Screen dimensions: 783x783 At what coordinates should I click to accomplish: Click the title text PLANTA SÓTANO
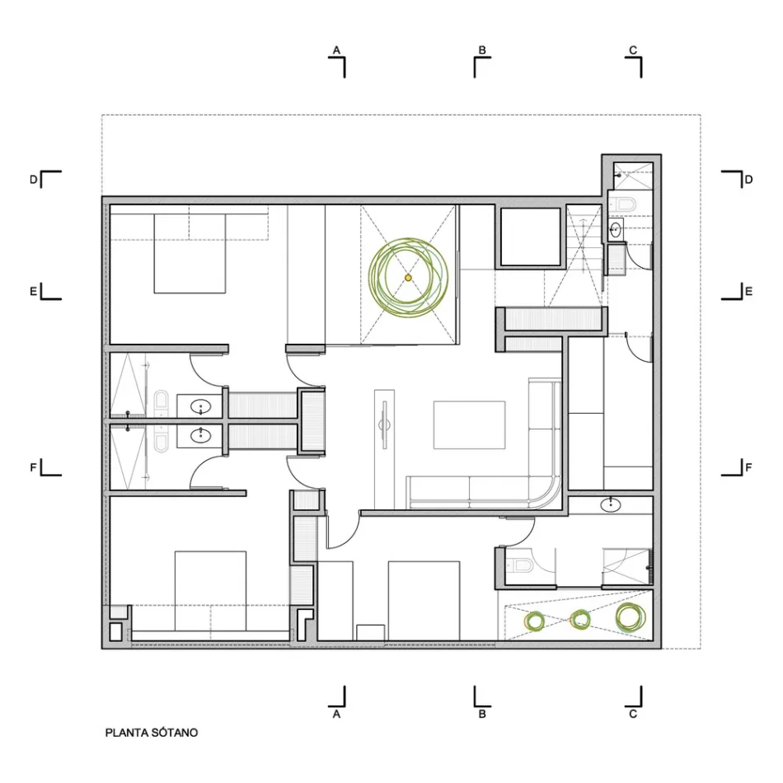(x=152, y=733)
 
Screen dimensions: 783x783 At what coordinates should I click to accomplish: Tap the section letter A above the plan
(x=336, y=50)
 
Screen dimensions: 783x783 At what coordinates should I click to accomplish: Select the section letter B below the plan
(x=482, y=714)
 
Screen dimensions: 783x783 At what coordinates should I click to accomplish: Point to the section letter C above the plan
(x=633, y=50)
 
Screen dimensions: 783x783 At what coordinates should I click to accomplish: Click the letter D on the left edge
(x=34, y=180)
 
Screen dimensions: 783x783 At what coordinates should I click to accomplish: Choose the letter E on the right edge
(x=748, y=292)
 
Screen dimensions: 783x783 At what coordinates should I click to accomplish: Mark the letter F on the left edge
(x=34, y=468)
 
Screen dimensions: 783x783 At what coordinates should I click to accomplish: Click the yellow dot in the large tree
(x=408, y=278)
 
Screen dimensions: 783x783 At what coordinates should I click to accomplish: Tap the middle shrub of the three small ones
(x=580, y=620)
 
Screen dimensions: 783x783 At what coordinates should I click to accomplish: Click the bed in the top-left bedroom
(x=190, y=253)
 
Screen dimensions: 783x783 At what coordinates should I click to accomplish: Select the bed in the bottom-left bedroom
(x=210, y=591)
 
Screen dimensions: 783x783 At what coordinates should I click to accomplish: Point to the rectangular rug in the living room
(x=469, y=425)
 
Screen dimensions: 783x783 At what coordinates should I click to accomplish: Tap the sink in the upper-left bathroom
(x=201, y=407)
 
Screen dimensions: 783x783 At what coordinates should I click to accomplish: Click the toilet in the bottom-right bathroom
(x=520, y=565)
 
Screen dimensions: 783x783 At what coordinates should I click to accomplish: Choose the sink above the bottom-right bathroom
(x=610, y=505)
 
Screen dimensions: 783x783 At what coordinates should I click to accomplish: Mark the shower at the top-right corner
(x=633, y=176)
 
